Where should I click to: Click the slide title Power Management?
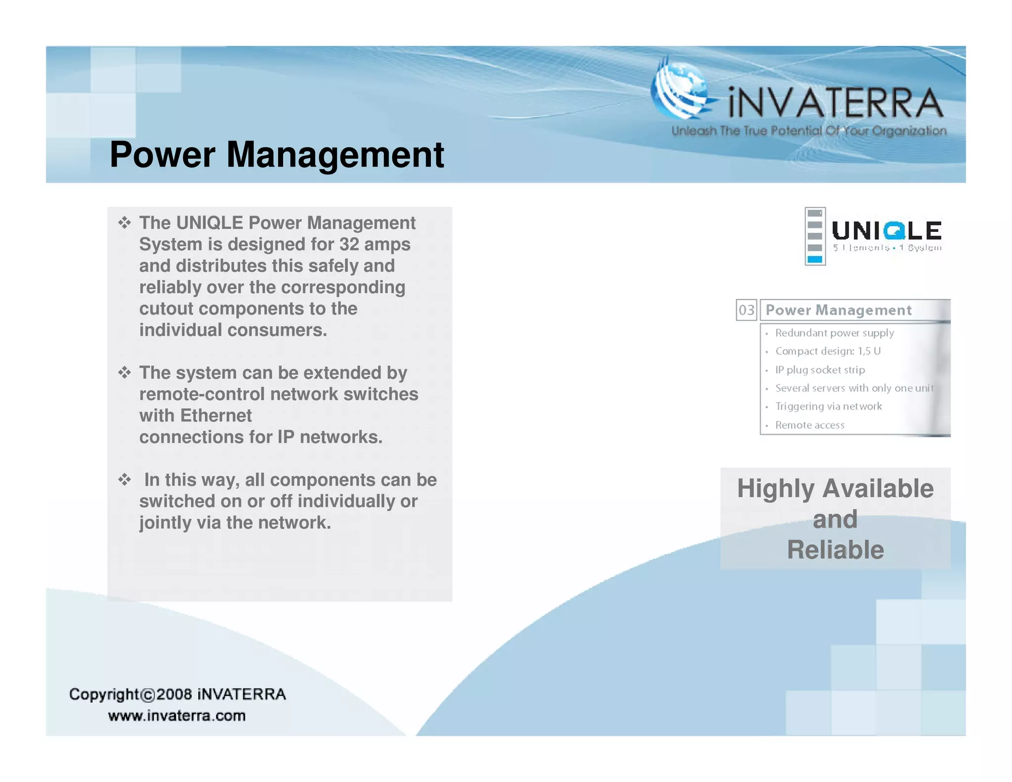(x=277, y=155)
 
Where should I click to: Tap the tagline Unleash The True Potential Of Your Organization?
(x=809, y=131)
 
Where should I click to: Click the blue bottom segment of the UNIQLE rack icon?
(x=815, y=259)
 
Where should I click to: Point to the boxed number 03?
(x=746, y=310)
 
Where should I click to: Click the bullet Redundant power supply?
(x=834, y=333)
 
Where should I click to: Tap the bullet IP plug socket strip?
(x=820, y=370)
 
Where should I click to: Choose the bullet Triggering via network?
(x=828, y=406)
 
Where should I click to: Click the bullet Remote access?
(x=809, y=425)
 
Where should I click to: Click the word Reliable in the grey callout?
(x=835, y=550)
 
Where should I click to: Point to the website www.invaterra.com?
(x=177, y=715)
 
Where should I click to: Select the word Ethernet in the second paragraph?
(x=216, y=416)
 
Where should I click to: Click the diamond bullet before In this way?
(x=125, y=479)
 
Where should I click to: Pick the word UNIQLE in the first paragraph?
(x=210, y=223)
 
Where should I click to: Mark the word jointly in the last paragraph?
(x=165, y=522)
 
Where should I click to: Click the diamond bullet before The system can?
(x=125, y=372)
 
